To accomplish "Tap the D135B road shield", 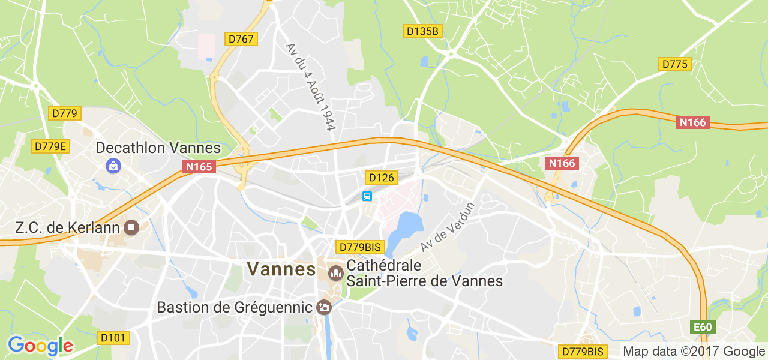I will [422, 31].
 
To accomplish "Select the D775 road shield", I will [675, 64].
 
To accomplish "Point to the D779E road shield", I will [50, 146].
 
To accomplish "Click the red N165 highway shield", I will [199, 167].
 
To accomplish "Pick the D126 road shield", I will [381, 178].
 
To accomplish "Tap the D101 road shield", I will [113, 338].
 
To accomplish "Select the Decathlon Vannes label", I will [158, 148].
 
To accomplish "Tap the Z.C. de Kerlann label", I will [67, 228].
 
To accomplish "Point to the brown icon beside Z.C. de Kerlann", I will [131, 227].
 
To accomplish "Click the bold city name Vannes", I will [281, 269].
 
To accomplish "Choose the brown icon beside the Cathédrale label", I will [336, 273].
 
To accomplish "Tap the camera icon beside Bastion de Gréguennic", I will [324, 307].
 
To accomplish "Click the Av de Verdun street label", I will [448, 227].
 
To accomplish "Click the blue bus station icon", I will [367, 196].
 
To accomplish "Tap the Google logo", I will [40, 346].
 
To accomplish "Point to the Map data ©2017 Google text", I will [694, 352].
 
